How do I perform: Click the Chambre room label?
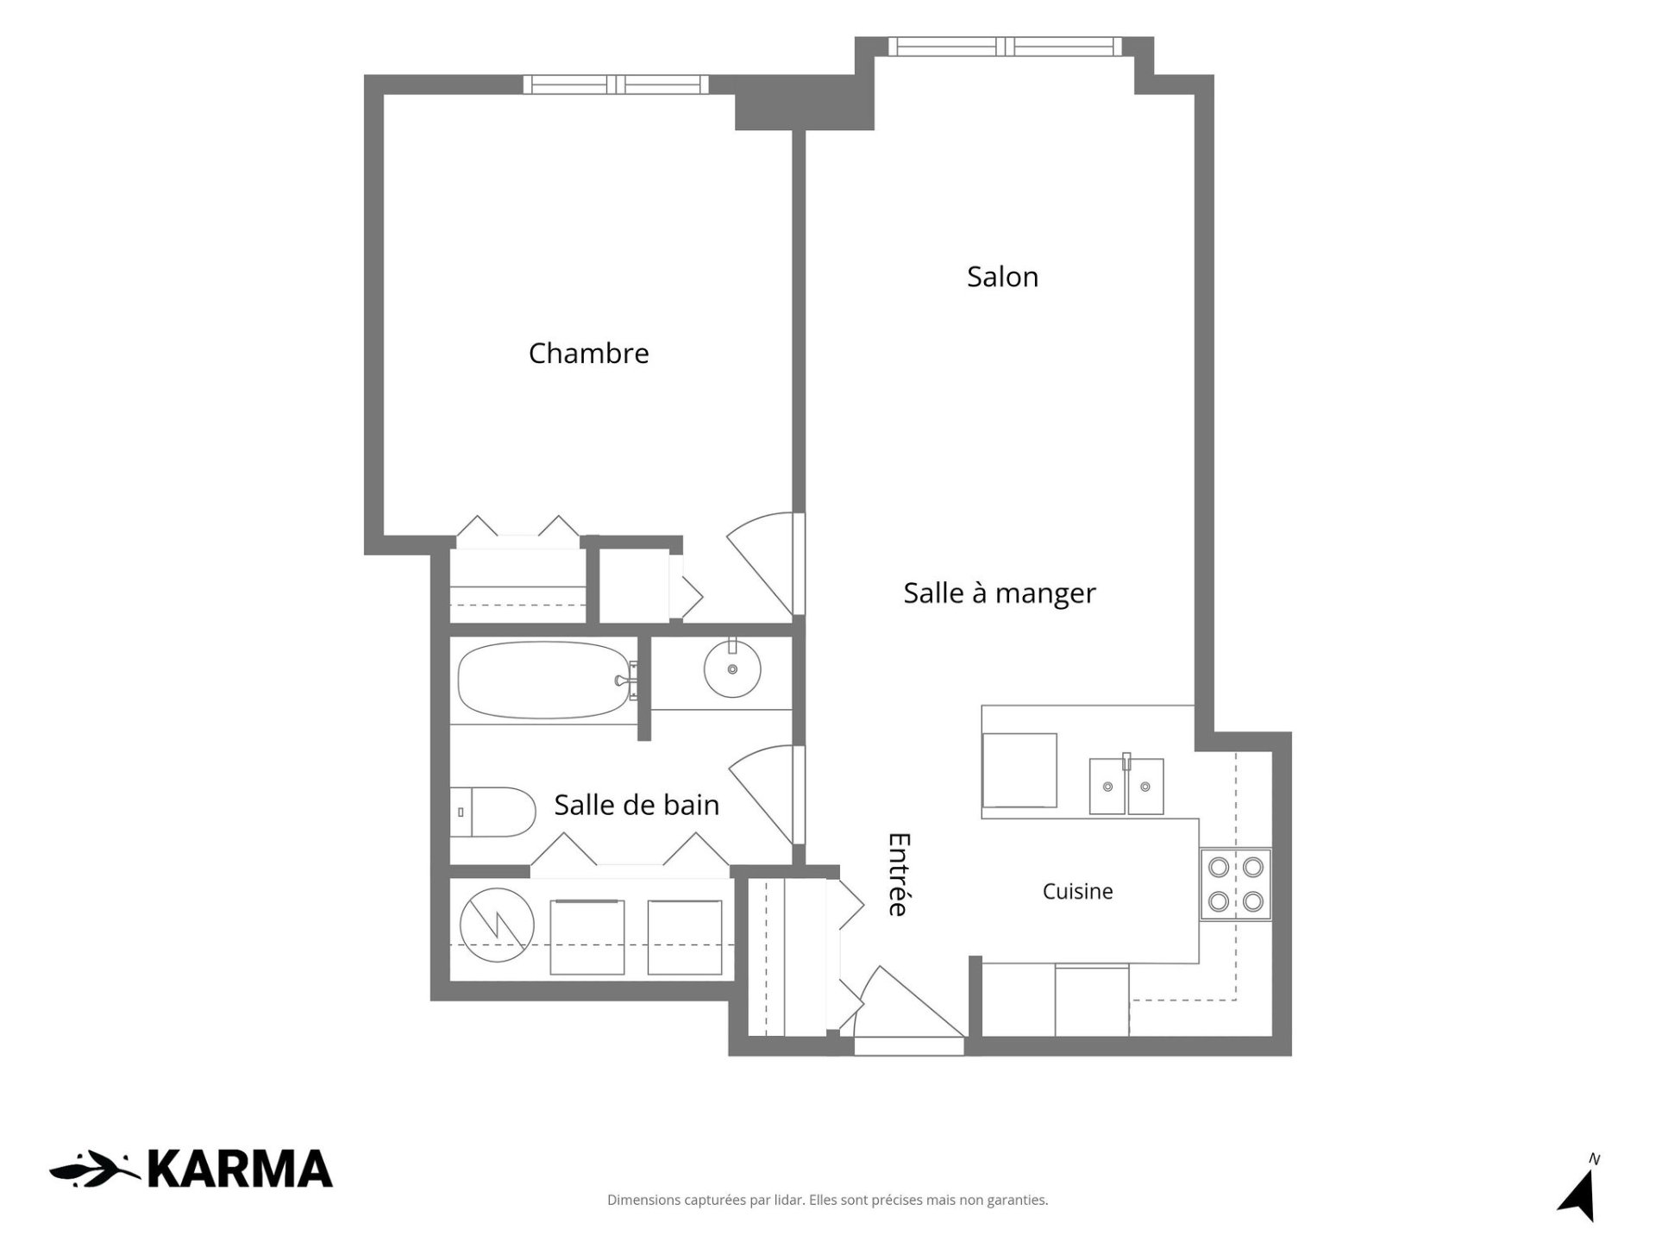click(x=588, y=353)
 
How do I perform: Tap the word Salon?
click(x=1002, y=276)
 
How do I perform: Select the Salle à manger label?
click(x=999, y=593)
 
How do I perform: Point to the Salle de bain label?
click(x=637, y=805)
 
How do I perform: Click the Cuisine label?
click(x=1077, y=891)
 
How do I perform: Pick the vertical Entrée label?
click(x=899, y=874)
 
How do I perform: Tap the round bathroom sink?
click(x=732, y=668)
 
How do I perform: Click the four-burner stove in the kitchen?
click(x=1236, y=884)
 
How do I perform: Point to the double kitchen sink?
click(x=1126, y=785)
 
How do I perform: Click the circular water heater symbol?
click(x=497, y=925)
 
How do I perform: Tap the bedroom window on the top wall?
click(x=616, y=85)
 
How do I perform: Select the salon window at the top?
click(x=1005, y=47)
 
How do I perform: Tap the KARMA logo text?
click(x=240, y=1170)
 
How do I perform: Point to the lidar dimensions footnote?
click(x=828, y=1200)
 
